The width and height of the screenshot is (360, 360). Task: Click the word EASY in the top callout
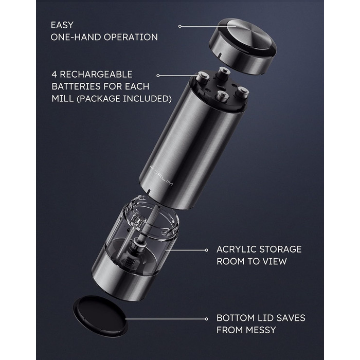click(x=62, y=25)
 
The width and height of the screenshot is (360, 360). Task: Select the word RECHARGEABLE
click(x=96, y=74)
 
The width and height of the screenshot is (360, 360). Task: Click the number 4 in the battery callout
click(x=54, y=74)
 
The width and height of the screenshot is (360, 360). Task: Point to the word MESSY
click(x=261, y=330)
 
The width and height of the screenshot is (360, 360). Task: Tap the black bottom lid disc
click(x=100, y=316)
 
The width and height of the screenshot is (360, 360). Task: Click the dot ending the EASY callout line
click(x=180, y=26)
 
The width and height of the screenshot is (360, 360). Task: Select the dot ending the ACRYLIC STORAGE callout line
click(x=206, y=250)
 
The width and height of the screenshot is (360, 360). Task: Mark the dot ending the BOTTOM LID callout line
click(x=206, y=319)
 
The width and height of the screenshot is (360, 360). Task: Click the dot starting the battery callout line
click(x=158, y=76)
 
